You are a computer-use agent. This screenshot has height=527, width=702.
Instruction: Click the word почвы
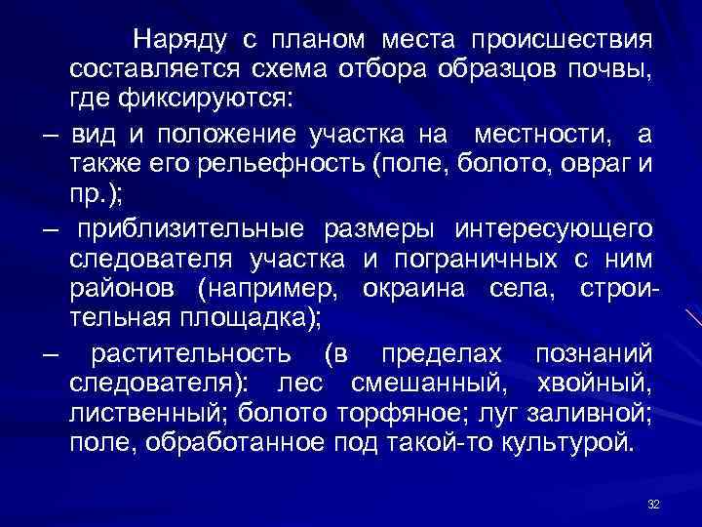pyautogui.click(x=614, y=70)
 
